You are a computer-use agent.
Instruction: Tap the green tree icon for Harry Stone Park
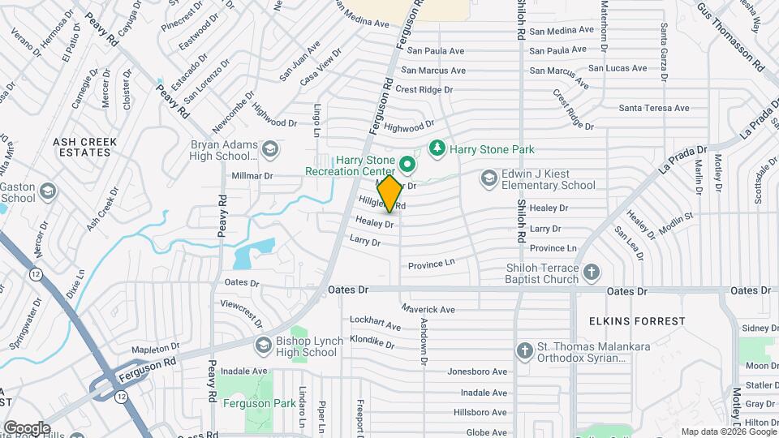437,148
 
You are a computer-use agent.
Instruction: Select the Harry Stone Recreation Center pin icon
407,165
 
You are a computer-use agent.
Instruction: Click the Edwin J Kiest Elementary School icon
488,177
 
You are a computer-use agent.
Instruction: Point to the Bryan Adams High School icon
270,148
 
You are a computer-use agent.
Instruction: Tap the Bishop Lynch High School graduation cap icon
263,346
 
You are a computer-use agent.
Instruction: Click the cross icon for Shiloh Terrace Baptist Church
592,272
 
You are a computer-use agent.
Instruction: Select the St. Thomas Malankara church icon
525,350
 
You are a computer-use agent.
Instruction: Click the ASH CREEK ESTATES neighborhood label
84,147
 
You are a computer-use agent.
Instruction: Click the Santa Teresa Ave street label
653,108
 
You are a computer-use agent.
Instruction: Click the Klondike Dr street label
372,342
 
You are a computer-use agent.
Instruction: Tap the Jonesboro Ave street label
477,371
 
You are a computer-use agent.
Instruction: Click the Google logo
26,427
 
